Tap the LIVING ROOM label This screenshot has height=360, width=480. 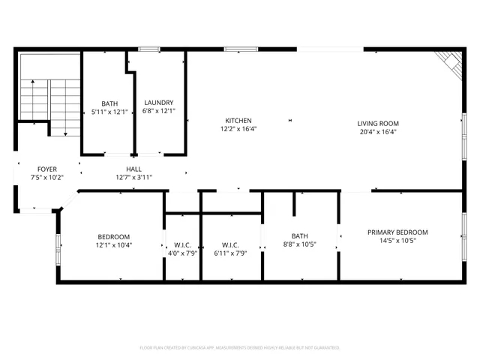click(x=377, y=124)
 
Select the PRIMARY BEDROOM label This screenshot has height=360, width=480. click(x=397, y=232)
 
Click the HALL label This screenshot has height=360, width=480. click(x=133, y=169)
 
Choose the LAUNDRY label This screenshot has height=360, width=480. click(x=159, y=103)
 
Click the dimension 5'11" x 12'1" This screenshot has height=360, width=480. click(x=107, y=112)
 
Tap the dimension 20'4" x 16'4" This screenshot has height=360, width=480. click(x=377, y=132)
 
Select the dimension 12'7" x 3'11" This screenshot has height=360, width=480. click(x=133, y=178)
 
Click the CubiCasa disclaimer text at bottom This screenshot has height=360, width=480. click(x=240, y=348)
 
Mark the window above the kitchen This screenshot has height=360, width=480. click(x=238, y=49)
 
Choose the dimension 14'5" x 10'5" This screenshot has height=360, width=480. click(x=397, y=241)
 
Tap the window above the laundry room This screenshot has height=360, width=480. click(x=149, y=49)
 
